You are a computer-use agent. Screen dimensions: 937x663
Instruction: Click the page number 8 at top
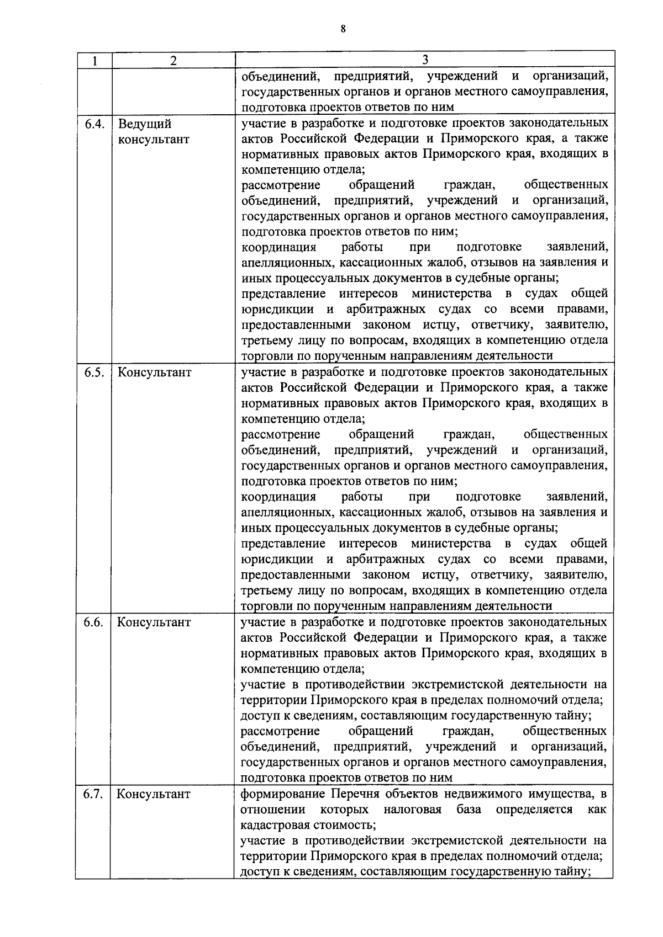(343, 30)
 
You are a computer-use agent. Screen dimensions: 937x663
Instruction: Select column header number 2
(173, 61)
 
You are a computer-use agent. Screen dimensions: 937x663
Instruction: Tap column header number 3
(425, 60)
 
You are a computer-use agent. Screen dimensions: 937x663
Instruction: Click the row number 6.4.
(94, 123)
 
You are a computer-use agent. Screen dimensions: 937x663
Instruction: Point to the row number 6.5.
(94, 372)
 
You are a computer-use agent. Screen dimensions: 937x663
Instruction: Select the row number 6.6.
(94, 622)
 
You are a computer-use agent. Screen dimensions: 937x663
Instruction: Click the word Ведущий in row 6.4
(145, 124)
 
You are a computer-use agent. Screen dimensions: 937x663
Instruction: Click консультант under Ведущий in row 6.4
(154, 139)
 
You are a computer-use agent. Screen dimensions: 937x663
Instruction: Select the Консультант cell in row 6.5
(154, 372)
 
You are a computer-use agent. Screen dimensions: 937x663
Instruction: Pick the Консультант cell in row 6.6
(154, 622)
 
